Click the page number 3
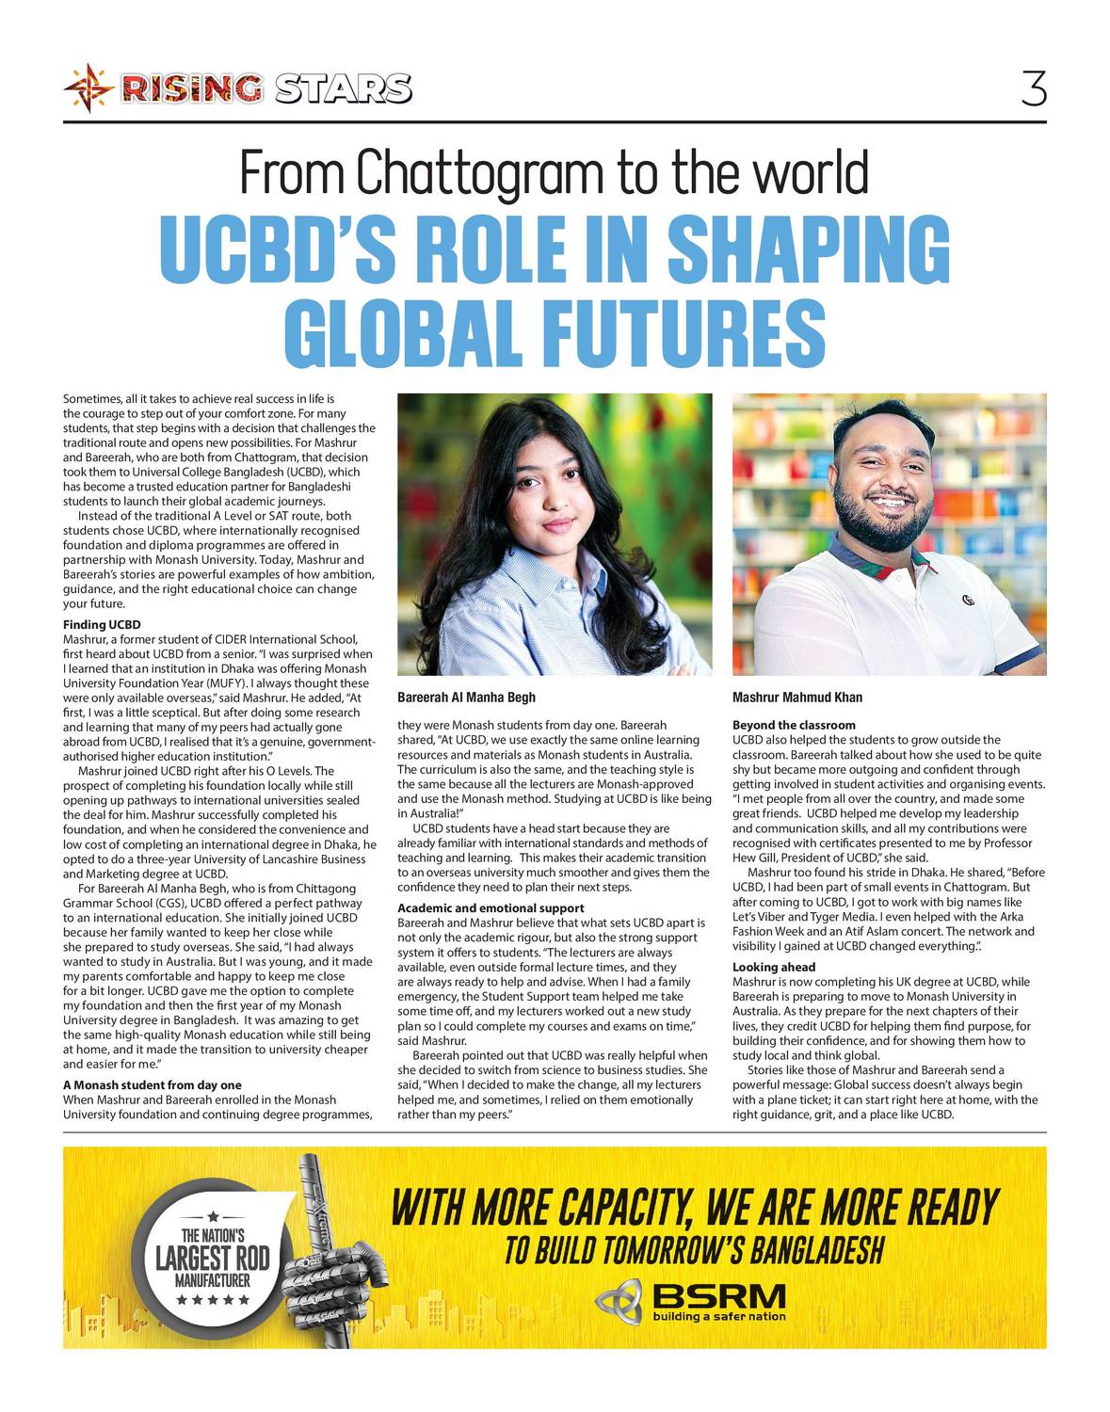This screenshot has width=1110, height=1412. tap(1033, 89)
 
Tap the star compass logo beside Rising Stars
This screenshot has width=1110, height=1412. tap(88, 89)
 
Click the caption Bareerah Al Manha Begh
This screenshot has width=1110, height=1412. tap(466, 698)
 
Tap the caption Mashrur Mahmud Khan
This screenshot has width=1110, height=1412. tap(796, 698)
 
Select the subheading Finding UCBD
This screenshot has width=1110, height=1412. tap(102, 625)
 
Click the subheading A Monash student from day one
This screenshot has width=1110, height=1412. tap(152, 1085)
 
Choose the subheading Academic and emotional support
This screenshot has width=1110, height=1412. tap(491, 908)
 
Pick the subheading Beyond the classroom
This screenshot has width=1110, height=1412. tap(794, 725)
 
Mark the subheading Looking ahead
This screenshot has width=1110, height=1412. tap(774, 967)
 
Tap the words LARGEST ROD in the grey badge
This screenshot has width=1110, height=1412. tap(212, 1258)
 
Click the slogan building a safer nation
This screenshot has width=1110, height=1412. tap(718, 1317)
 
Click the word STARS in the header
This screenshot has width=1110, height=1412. tap(344, 89)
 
